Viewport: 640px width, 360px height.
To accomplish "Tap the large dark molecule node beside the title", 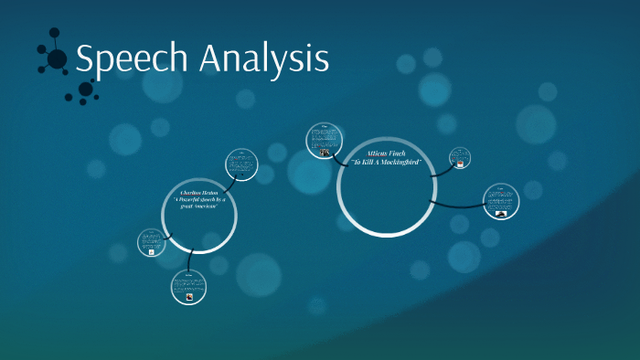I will pos(57,59).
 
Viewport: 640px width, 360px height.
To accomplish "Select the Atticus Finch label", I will pos(383,154).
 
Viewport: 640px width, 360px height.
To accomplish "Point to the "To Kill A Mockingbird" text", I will pos(384,162).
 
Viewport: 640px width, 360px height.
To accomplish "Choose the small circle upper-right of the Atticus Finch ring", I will pos(460,158).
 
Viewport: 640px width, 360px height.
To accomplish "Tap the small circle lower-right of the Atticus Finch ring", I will pos(501,201).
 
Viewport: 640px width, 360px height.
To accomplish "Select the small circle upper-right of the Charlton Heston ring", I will pos(242,165).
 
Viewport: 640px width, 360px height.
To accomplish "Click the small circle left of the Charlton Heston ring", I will pos(152,242).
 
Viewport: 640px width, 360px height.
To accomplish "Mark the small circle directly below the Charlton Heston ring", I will pos(187,287).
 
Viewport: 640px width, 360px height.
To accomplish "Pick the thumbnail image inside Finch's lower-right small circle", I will pos(501,208).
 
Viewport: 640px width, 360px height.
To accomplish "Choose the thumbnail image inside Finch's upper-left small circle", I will pos(325,152).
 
